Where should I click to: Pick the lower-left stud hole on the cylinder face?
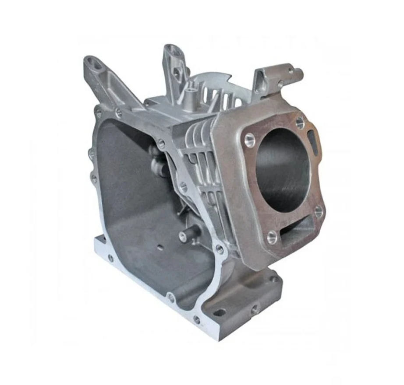[272, 237]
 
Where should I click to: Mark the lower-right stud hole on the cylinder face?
[319, 211]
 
